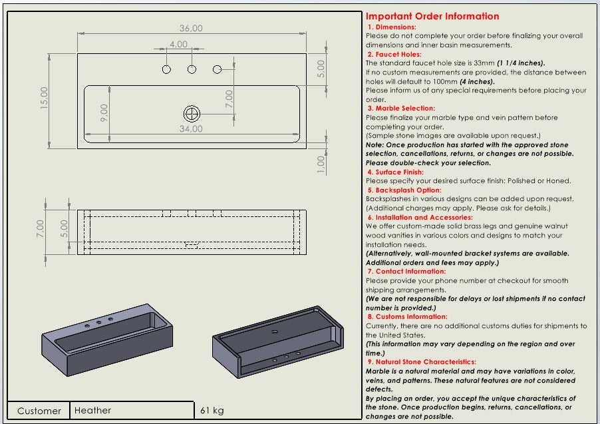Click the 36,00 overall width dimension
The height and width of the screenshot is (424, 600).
pos(190,29)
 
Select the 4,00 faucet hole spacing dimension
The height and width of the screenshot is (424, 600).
pos(178,45)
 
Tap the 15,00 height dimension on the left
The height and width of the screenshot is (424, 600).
pos(44,100)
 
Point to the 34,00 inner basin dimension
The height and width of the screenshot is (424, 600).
pos(191,128)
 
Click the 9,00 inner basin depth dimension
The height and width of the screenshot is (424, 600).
pos(104,112)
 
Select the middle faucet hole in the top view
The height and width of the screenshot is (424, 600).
pos(192,69)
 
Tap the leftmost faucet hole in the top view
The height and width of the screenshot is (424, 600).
pos(166,69)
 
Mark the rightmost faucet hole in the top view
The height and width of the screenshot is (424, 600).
pos(217,69)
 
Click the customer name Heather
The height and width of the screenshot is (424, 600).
pos(93,411)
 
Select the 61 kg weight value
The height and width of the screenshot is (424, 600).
pos(212,411)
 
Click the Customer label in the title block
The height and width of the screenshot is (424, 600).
pos(39,411)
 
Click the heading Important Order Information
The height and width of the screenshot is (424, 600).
pos(432,17)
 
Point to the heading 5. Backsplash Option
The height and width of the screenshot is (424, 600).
pos(404,190)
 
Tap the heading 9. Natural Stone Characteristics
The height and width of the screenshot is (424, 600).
pos(422,362)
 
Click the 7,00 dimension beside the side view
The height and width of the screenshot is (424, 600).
pos(40,229)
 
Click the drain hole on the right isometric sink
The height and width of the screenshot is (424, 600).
pos(274,330)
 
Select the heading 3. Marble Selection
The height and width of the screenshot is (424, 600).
pos(401,108)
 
